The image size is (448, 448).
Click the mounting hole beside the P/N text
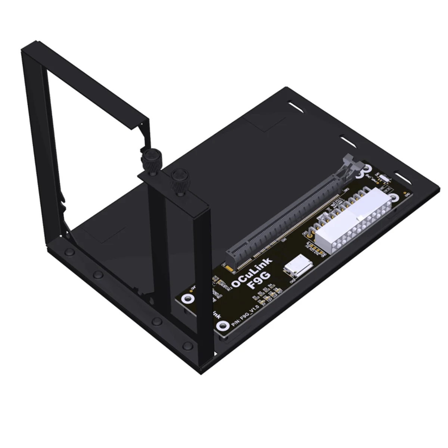pyautogui.click(x=223, y=326)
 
